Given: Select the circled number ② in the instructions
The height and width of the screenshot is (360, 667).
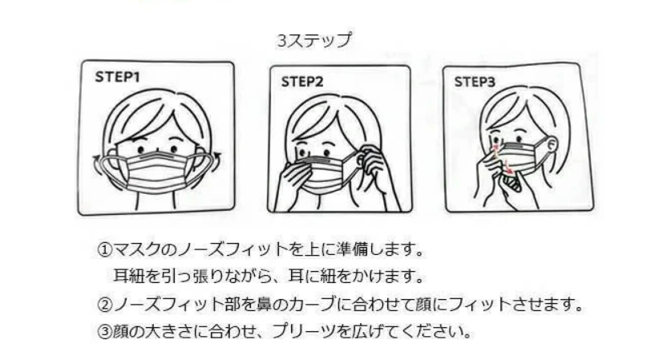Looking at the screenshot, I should tap(103, 305).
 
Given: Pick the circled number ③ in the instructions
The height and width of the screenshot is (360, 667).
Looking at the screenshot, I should tap(103, 331).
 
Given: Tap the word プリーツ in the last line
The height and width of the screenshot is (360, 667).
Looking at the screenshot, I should tap(297, 331).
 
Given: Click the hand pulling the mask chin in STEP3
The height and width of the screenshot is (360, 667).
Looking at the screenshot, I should tap(513, 192).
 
